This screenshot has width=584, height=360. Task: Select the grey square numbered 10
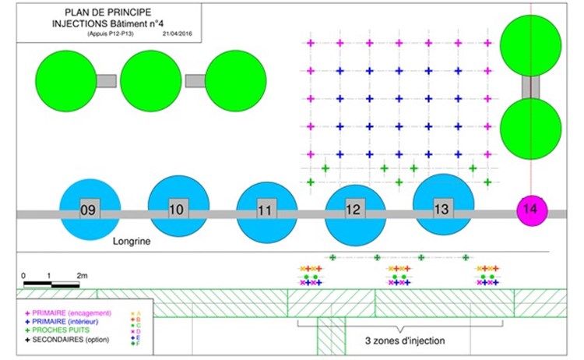click(177, 208)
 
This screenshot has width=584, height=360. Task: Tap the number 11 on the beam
click(266, 210)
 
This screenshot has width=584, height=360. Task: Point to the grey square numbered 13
click(442, 208)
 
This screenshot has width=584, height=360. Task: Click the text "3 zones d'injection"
click(405, 341)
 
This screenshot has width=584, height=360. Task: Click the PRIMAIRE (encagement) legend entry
click(70, 312)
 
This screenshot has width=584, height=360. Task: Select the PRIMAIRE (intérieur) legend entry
click(65, 321)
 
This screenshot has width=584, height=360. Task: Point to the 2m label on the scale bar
click(81, 275)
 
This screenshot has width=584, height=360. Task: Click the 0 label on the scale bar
click(24, 275)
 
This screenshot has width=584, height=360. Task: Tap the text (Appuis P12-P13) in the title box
click(89, 34)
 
